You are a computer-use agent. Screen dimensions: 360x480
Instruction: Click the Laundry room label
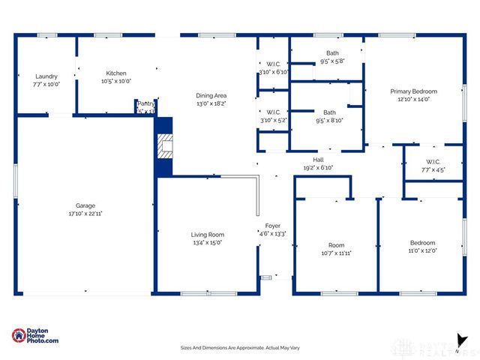point(46,76)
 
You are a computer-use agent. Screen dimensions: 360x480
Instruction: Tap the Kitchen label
point(116,73)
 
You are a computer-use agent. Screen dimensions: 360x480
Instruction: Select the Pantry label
point(145,106)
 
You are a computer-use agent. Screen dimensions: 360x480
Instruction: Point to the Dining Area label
point(211,95)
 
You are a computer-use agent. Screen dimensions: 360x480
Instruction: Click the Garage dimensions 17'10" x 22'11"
point(85,214)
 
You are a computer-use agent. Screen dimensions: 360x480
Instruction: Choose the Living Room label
point(207,235)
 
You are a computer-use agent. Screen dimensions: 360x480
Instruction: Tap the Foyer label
point(272,226)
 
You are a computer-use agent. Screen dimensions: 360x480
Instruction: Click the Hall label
point(318,160)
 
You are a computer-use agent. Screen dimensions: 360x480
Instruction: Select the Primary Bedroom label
point(413,91)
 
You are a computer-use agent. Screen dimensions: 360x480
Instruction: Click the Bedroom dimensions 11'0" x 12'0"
point(422,250)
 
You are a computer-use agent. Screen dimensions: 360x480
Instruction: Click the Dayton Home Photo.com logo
point(35,337)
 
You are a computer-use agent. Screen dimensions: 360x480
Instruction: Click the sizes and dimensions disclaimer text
point(239,347)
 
